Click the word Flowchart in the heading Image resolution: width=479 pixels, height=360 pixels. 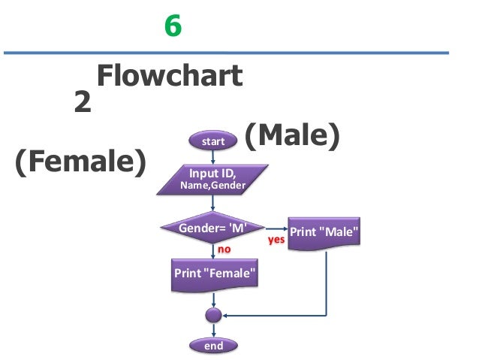pos(170,76)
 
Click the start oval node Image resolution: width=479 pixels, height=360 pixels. pos(213,141)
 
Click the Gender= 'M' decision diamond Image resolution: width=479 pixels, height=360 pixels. pos(213,228)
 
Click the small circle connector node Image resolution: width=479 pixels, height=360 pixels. pos(214,315)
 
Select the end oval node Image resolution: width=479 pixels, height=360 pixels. pos(214,345)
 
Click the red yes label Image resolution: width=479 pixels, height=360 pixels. pos(276,241)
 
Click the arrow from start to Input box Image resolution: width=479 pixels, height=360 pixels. pos(213,156)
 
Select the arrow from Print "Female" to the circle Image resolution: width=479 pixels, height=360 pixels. pos(214,299)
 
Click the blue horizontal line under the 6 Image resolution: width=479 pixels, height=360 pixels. pos(225,53)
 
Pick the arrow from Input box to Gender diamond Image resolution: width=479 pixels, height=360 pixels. pos(213,204)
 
